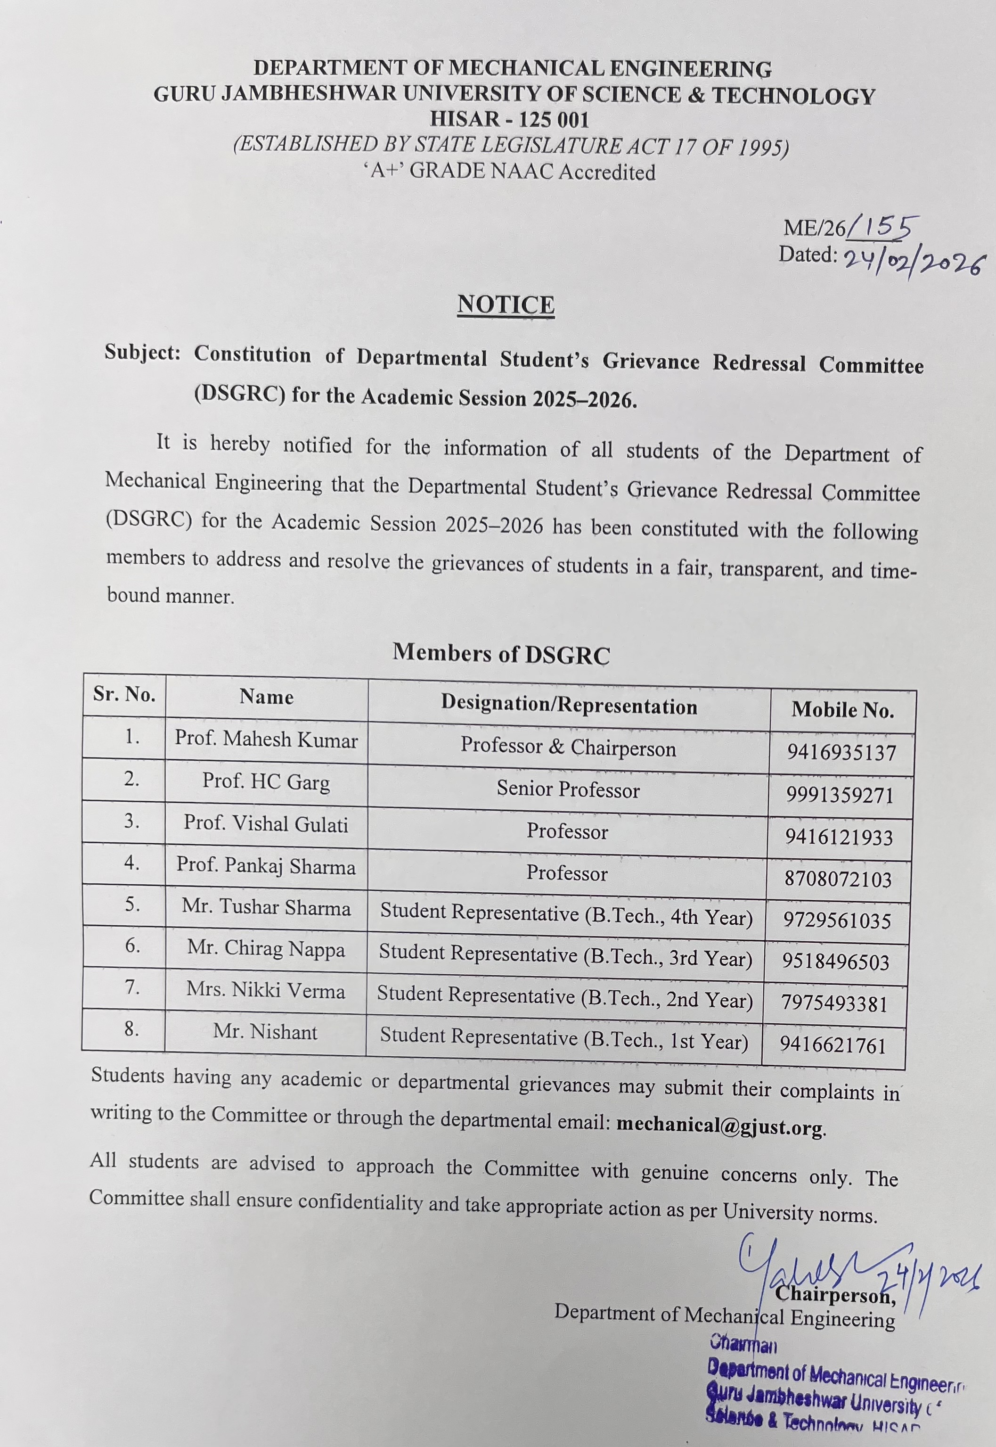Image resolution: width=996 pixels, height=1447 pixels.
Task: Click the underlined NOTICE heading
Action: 506,304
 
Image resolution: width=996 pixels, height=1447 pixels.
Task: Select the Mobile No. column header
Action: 842,710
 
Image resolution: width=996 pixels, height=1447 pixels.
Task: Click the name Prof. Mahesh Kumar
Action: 267,739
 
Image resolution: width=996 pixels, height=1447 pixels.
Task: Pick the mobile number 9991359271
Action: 840,795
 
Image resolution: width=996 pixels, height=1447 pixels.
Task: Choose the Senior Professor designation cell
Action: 568,789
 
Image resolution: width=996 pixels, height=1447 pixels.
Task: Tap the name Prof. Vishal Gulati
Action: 266,823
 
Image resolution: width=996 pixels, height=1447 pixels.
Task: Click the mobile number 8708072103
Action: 839,879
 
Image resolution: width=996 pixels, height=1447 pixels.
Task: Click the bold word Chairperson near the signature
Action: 835,1295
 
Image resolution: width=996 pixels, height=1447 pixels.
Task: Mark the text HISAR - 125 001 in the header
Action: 509,119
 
